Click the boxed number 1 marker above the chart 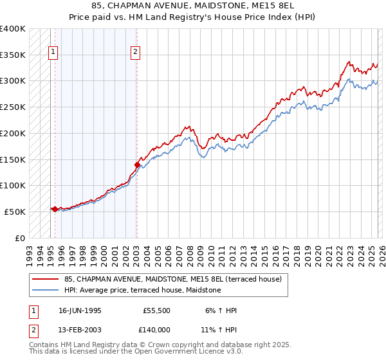click(x=52, y=53)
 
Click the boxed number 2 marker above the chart click(x=136, y=53)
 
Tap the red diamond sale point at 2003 click(x=137, y=165)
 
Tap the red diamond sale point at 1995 click(x=55, y=209)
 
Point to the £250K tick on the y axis click(x=14, y=107)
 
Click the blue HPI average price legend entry click(x=142, y=290)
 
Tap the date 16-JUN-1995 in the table click(x=80, y=310)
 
